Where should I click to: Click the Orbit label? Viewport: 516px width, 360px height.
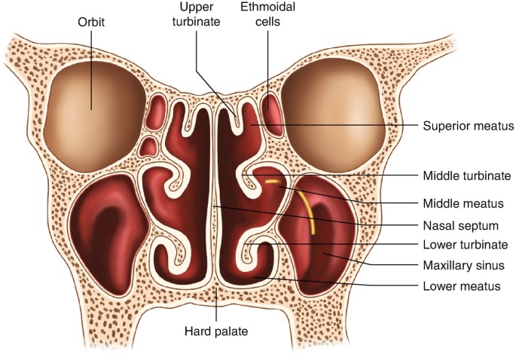[x=91, y=23]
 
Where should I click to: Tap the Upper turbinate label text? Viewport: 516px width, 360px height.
[x=200, y=15]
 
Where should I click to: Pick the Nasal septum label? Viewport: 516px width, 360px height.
[x=453, y=224]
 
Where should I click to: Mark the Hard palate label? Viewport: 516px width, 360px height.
[x=216, y=330]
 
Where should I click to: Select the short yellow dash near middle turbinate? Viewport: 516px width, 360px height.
[x=272, y=182]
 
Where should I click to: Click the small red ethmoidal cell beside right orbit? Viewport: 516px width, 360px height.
[x=272, y=108]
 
